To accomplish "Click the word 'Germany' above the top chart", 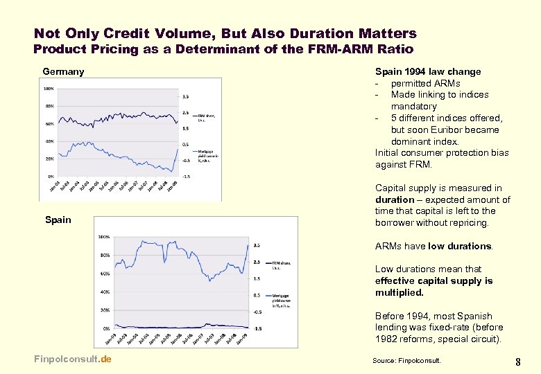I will (63, 71).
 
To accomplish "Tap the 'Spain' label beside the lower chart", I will (58, 220).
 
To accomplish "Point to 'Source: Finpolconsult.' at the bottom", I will (406, 360).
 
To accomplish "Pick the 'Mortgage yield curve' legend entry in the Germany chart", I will (208, 157).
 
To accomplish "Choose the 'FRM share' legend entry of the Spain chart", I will (281, 265).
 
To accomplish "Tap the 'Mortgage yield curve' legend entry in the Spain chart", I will (282, 297).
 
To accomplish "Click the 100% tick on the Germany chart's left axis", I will (49, 89).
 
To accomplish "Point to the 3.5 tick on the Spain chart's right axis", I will (257, 245).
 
